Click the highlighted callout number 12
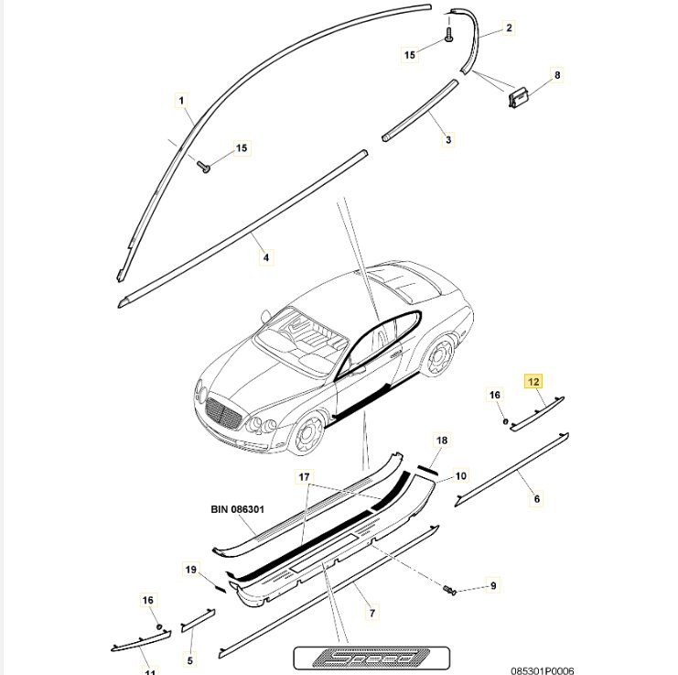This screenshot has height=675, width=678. tap(533, 382)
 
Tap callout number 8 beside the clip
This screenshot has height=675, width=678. tap(557, 75)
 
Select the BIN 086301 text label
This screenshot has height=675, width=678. tap(237, 509)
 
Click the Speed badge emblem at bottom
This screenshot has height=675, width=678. tap(371, 658)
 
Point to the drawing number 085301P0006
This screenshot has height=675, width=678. tap(543, 670)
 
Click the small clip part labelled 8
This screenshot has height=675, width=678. tap(518, 98)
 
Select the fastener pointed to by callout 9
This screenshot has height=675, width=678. tap(449, 590)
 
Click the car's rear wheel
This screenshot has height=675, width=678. tap(440, 357)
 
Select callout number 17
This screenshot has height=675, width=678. tap(304, 477)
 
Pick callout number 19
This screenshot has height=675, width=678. tap(190, 570)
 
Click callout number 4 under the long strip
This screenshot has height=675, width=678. tap(266, 257)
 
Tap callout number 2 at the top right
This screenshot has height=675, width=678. tap(509, 27)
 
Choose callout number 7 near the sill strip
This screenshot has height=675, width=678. tap(371, 612)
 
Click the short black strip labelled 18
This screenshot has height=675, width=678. tap(427, 470)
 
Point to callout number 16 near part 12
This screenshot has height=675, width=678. tap(494, 395)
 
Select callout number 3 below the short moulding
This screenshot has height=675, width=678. tap(448, 140)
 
